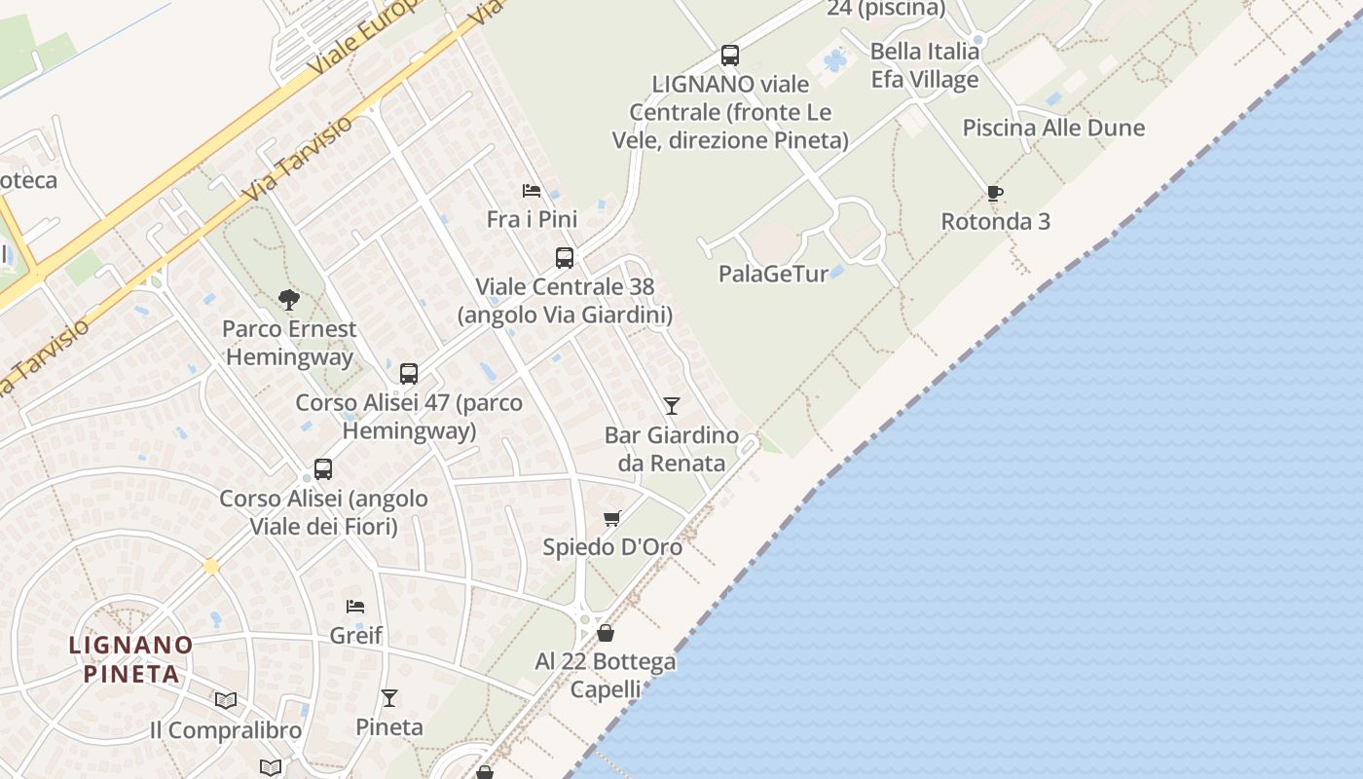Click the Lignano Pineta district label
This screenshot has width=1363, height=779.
coord(130,658)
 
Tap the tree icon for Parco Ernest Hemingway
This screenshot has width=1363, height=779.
coord(288,300)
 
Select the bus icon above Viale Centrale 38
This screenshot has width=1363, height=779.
coord(565,258)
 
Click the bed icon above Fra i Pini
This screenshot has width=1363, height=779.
coord(532,190)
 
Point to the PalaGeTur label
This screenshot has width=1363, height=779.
coord(773,274)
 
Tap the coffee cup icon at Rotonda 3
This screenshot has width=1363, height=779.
coord(994,193)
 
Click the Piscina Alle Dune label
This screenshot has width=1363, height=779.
coord(1053,128)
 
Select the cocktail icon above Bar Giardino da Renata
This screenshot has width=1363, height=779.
coord(671,405)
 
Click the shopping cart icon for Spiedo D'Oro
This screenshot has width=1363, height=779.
coord(611,518)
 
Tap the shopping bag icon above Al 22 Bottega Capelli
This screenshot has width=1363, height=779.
coord(605,633)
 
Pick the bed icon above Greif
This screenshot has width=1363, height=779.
coord(355,606)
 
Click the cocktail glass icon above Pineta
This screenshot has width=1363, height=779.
coord(389,697)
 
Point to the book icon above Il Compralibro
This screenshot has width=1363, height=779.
coord(226,700)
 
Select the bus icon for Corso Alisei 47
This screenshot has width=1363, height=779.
coord(409,373)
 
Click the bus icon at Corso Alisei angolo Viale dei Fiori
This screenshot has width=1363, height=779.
coord(323,469)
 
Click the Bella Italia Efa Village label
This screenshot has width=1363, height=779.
coord(924,65)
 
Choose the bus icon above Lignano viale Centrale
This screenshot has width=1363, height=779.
coord(730,56)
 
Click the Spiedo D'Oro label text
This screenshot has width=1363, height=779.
coord(612,547)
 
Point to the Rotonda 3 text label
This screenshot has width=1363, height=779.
coord(995,222)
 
